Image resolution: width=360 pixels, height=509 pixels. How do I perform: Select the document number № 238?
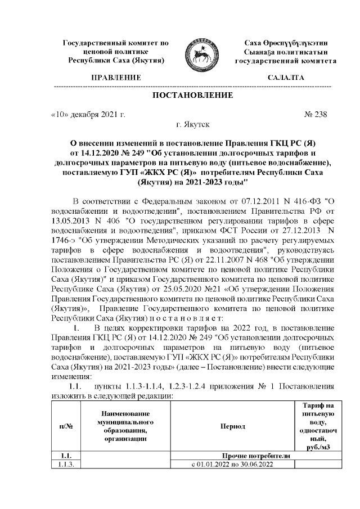click(315, 115)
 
